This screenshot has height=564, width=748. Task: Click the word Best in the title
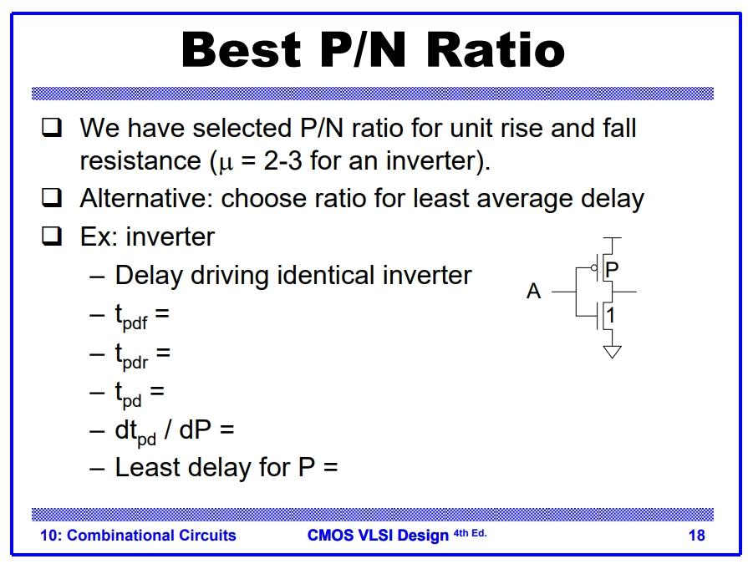[x=241, y=49]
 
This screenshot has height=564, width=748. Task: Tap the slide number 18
[x=696, y=536]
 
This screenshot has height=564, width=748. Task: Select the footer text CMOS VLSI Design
[x=378, y=536]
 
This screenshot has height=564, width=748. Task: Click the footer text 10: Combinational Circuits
[x=138, y=536]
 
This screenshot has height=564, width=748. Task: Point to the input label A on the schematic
[x=534, y=292]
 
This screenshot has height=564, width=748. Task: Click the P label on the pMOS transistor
[x=612, y=269]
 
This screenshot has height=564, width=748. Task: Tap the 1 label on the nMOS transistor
[x=611, y=316]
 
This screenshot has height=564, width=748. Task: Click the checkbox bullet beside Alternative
[x=52, y=198]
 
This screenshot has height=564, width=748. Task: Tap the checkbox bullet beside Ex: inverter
[x=52, y=236]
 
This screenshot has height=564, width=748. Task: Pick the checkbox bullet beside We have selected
[x=52, y=128]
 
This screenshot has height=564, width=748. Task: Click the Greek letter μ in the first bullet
[x=224, y=162]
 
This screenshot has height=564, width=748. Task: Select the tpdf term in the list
[x=131, y=316]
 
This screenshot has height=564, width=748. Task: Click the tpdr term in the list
[x=131, y=354]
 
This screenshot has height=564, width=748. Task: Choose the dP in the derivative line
[x=194, y=429]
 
